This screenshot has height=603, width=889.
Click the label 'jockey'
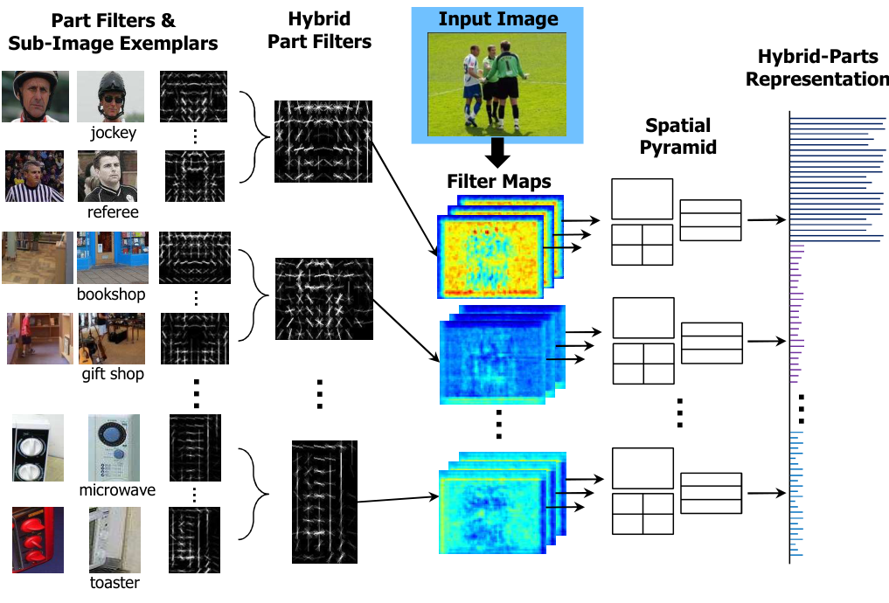pos(113,133)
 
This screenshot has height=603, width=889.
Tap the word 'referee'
pos(113,211)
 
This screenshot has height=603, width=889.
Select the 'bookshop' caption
pos(110,294)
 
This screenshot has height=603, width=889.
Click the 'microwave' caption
pos(116,489)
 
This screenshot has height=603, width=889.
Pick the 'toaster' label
pos(115,582)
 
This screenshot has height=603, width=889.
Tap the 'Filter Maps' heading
pos(499,182)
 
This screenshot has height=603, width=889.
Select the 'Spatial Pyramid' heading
pos(677,136)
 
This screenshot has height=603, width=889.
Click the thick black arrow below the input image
pos(498,153)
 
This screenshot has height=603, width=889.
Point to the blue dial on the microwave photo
pos(114,435)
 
